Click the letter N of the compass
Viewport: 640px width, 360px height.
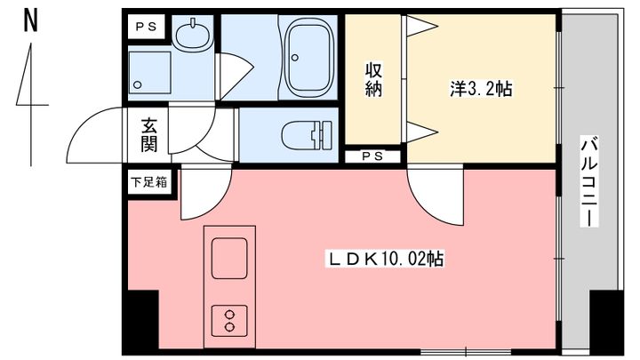pos(30,20)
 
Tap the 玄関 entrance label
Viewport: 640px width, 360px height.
pos(149,135)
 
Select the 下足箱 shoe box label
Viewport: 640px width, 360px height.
pos(149,182)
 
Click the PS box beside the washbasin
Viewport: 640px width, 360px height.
pos(146,27)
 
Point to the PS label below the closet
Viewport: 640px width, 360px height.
pos(372,156)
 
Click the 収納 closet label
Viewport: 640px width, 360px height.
pos(373,80)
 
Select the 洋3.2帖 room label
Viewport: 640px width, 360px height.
pos(481,89)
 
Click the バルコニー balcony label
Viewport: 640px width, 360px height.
pos(589,182)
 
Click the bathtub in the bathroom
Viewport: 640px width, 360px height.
pos(309,56)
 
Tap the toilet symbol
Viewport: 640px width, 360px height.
pos(307,135)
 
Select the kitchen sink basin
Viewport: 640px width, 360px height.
pos(229,259)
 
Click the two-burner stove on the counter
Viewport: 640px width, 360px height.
pos(229,320)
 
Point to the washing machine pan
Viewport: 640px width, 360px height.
pos(149,73)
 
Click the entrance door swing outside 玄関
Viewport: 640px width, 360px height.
pos(95,135)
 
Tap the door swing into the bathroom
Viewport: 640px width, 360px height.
pos(236,76)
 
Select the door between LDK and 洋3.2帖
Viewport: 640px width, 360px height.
pos(435,195)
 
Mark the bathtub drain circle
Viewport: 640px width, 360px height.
pos(295,58)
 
